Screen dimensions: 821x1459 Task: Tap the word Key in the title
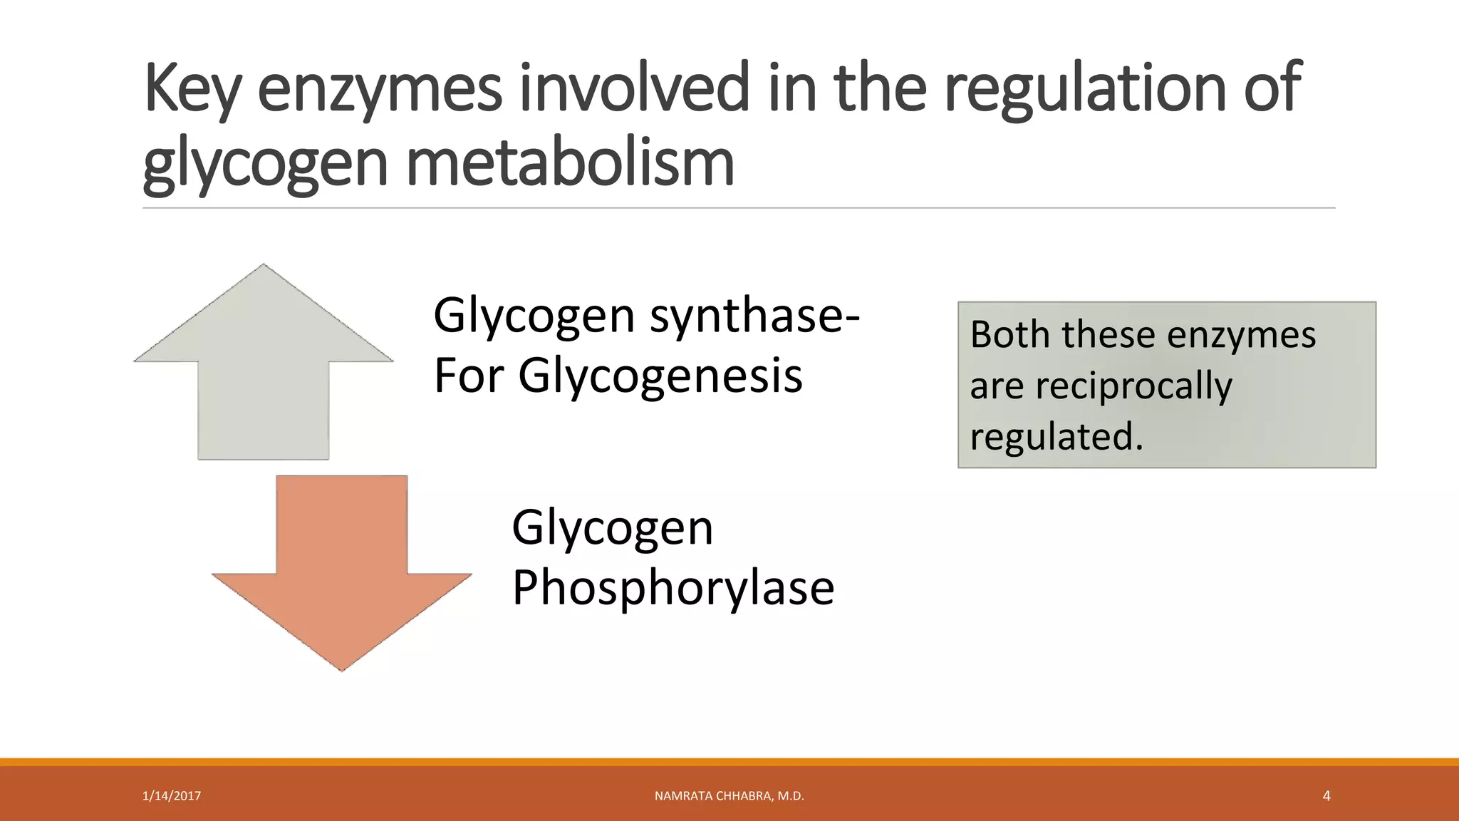point(192,89)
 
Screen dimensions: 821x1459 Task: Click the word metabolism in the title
point(570,164)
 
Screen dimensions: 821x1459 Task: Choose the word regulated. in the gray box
point(1056,437)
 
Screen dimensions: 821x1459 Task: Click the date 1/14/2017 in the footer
point(172,796)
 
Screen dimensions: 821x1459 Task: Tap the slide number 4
point(1326,796)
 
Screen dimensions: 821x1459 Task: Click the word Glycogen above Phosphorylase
point(612,529)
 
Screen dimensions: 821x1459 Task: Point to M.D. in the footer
point(791,796)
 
